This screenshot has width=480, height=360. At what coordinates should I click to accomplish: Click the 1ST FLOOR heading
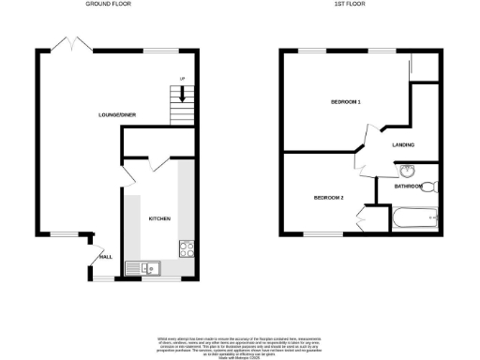(350, 5)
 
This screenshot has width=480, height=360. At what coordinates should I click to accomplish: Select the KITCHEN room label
(158, 218)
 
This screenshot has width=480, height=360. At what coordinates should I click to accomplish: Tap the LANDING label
(404, 143)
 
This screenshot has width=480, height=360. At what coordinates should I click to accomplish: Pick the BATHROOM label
(407, 187)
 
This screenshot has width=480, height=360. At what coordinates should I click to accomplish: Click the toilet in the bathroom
(429, 186)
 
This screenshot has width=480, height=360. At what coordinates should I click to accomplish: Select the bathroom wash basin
(407, 172)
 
